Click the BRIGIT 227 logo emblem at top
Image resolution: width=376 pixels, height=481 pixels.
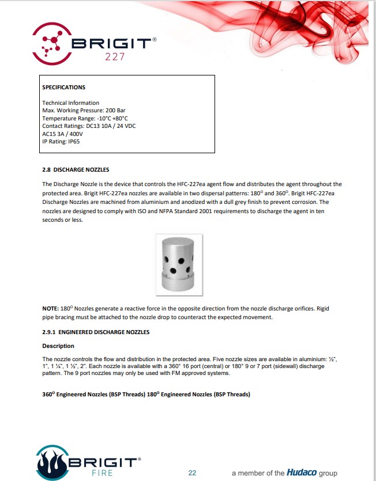(x=52, y=42)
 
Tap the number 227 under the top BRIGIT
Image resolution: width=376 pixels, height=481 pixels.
(x=115, y=56)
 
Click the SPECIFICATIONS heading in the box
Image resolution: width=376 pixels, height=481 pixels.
(x=64, y=88)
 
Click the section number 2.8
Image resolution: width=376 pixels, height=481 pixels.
(x=47, y=170)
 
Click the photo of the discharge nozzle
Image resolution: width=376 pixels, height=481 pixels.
(x=179, y=264)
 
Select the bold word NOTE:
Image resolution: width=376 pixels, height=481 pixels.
(x=50, y=309)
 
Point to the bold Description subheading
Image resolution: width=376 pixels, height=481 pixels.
(x=58, y=346)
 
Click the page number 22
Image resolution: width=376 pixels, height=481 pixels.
(x=192, y=473)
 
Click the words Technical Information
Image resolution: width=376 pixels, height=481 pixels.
(x=71, y=103)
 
